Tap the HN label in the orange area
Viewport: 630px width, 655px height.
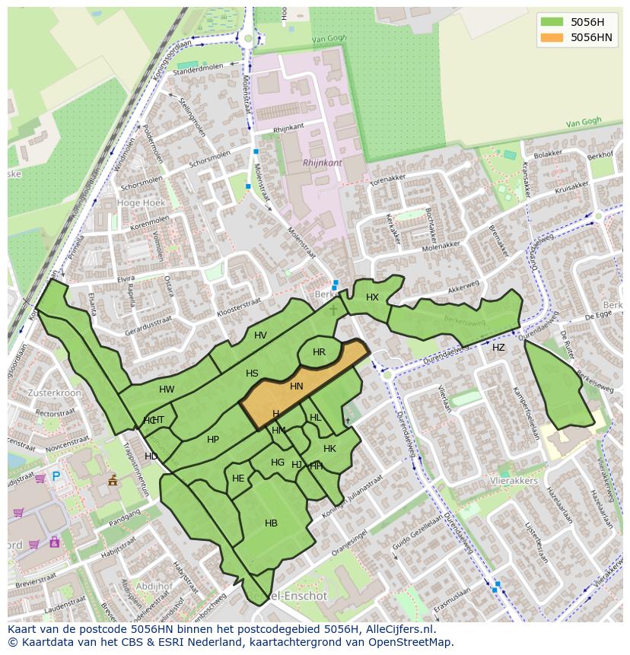tap(297, 386)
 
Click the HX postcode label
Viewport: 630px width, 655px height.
tap(372, 297)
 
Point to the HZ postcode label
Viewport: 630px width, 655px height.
tap(498, 348)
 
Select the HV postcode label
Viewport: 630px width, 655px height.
tap(260, 335)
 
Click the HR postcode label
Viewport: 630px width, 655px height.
tap(319, 352)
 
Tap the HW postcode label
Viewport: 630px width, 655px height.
tap(167, 390)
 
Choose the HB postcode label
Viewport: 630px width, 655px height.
tap(271, 523)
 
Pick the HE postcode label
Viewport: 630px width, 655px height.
tap(238, 479)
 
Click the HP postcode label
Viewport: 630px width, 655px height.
tap(213, 440)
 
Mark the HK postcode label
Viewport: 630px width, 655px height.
tap(329, 449)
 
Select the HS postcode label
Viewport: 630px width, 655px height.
tap(252, 374)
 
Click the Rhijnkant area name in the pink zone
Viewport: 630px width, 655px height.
tap(323, 163)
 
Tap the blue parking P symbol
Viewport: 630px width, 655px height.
tap(56, 477)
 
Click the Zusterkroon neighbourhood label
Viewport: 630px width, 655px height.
tap(54, 393)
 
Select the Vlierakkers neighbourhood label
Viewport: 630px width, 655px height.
tap(513, 481)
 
